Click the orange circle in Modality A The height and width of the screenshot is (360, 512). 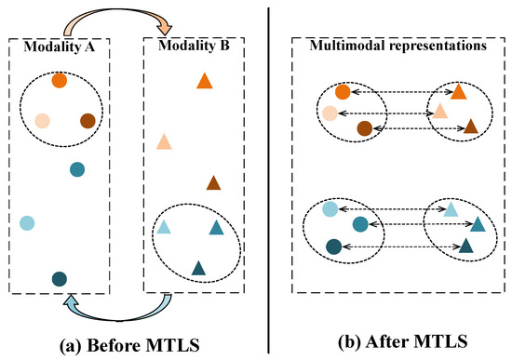click(60, 81)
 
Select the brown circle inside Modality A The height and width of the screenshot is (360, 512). click(88, 120)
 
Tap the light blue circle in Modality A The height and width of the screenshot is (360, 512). click(27, 222)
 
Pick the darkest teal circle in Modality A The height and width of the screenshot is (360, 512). click(60, 278)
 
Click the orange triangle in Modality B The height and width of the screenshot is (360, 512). click(205, 82)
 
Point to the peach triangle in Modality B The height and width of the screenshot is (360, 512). click(163, 141)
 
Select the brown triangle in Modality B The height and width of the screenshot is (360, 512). click(213, 183)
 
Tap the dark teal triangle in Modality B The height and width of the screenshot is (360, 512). click(198, 268)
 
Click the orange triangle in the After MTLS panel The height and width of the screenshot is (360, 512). click(459, 91)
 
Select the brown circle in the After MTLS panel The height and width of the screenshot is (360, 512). click(365, 128)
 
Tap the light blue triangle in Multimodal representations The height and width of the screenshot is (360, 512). click(451, 209)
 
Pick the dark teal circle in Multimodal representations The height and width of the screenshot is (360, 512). click(334, 247)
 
